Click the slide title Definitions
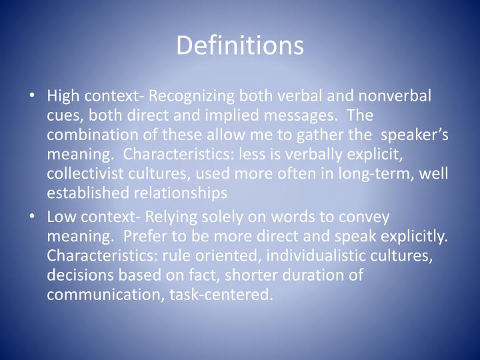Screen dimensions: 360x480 (240, 45)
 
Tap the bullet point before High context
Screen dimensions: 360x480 (34, 96)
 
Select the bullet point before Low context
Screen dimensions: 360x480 (34, 217)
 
